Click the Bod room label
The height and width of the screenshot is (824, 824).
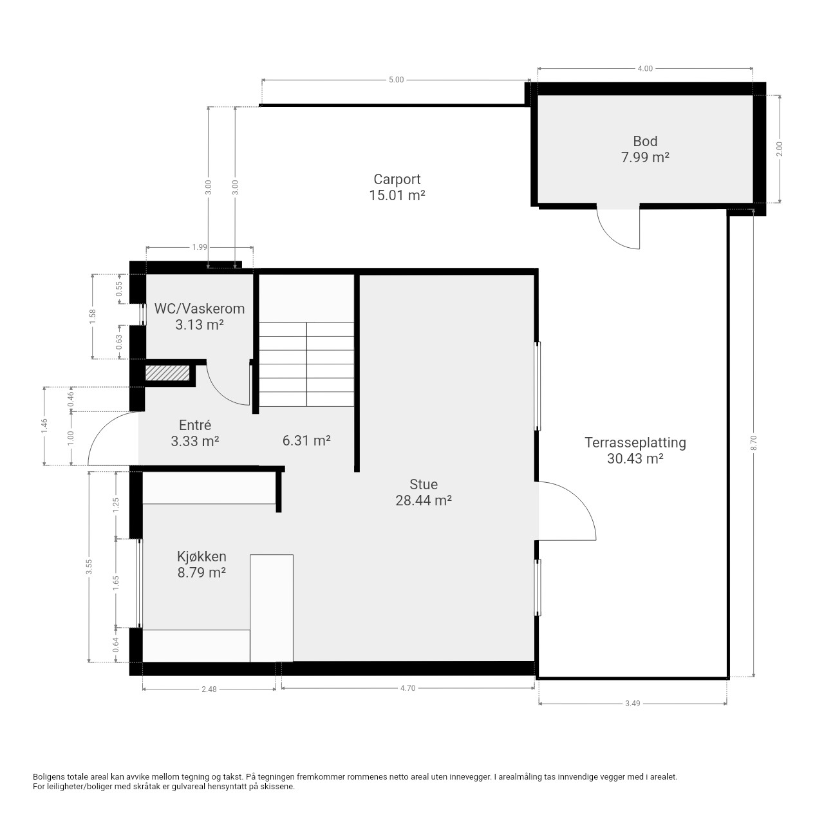pyautogui.click(x=645, y=141)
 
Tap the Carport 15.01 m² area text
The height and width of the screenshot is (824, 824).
pyautogui.click(x=397, y=196)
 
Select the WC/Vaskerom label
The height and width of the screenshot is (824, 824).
pyautogui.click(x=200, y=308)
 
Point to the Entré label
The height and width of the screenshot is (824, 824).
pyautogui.click(x=195, y=425)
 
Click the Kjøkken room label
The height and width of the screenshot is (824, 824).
pyautogui.click(x=201, y=556)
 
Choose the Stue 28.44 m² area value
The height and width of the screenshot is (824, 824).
pyautogui.click(x=424, y=500)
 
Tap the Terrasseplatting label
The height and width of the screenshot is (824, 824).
pyautogui.click(x=635, y=442)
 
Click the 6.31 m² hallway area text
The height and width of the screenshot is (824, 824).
pyautogui.click(x=306, y=440)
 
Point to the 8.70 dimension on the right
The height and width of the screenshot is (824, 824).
pyautogui.click(x=753, y=442)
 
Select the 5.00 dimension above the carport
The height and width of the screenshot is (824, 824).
pyautogui.click(x=396, y=80)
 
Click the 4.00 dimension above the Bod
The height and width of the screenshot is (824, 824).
pyautogui.click(x=645, y=68)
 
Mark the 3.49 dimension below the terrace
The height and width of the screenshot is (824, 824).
pyautogui.click(x=632, y=704)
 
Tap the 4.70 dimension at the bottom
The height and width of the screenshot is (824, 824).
pyautogui.click(x=407, y=688)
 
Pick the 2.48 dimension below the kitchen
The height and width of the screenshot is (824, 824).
pyautogui.click(x=209, y=689)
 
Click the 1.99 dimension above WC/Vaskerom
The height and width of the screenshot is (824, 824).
pyautogui.click(x=200, y=247)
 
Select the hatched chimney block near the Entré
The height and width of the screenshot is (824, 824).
pyautogui.click(x=167, y=373)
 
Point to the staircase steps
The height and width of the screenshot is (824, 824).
pyautogui.click(x=306, y=364)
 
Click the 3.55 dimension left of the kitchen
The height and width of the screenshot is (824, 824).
pyautogui.click(x=89, y=566)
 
